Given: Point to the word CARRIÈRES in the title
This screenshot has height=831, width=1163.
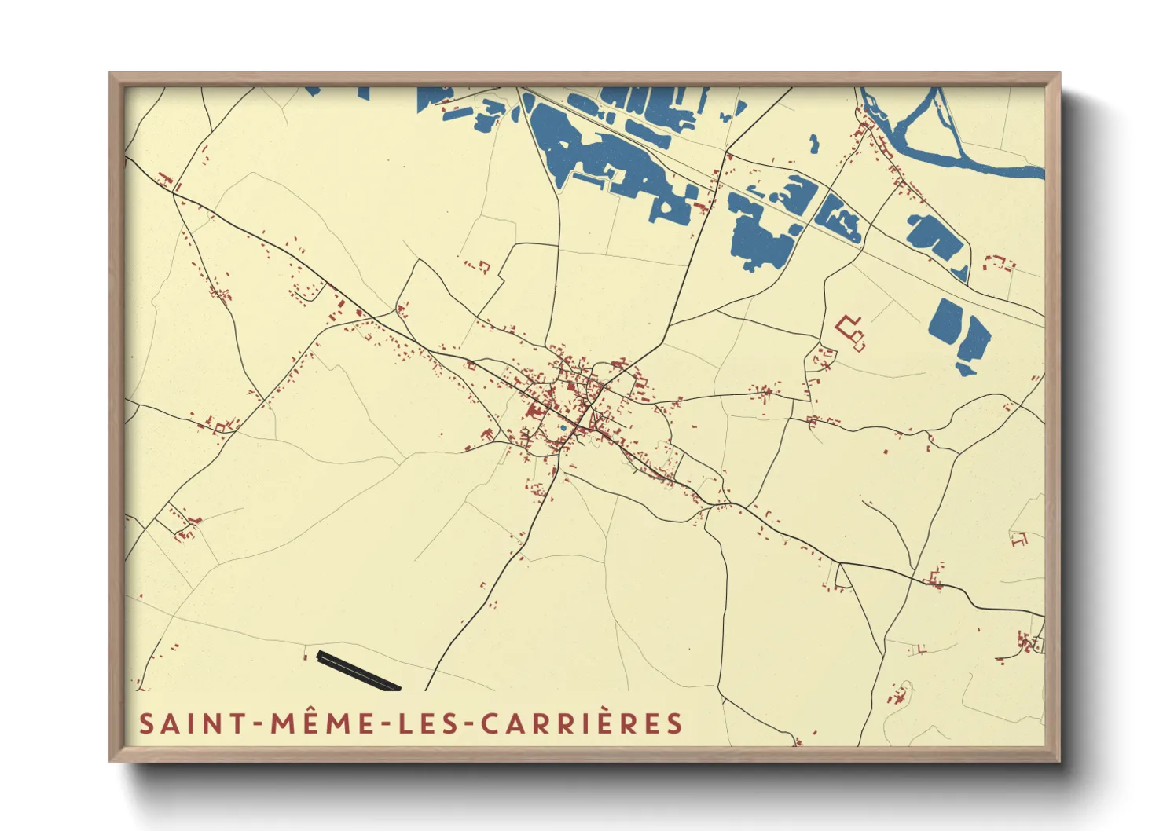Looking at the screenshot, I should point(582,723).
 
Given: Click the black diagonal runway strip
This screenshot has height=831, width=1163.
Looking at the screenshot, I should point(358,671).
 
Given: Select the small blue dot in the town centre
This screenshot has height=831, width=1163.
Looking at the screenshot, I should point(563,428).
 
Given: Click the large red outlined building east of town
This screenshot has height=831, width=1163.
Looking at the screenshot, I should point(852,331).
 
